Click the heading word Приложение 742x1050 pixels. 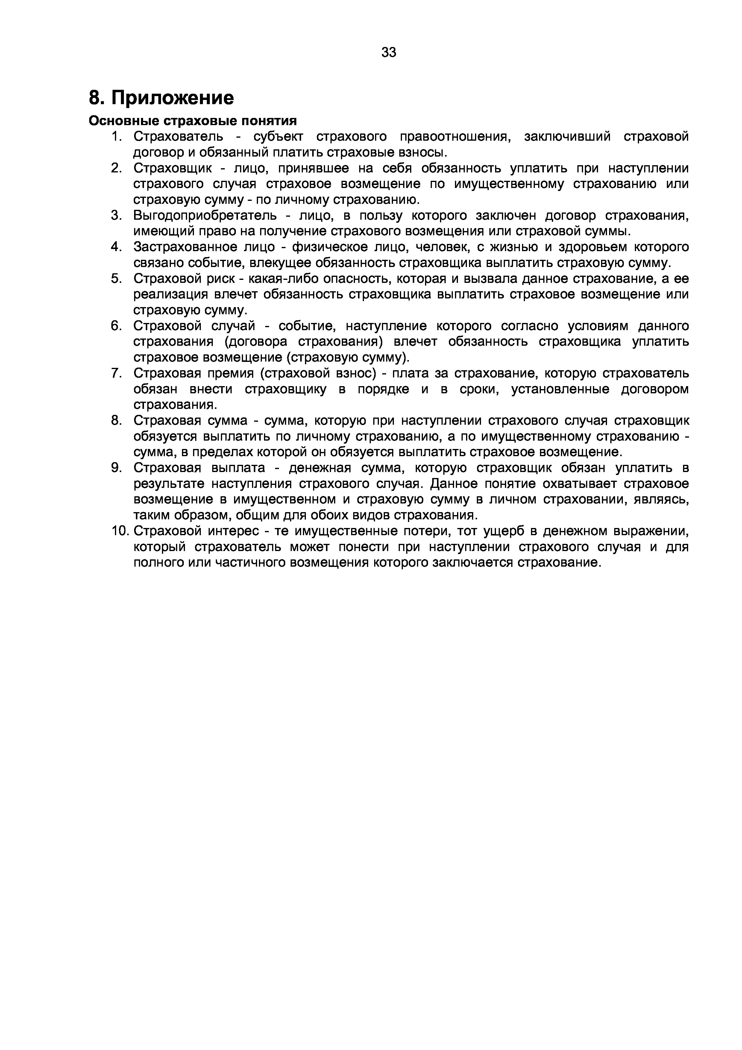point(173,98)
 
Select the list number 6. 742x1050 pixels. point(116,326)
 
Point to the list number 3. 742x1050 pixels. point(116,216)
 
